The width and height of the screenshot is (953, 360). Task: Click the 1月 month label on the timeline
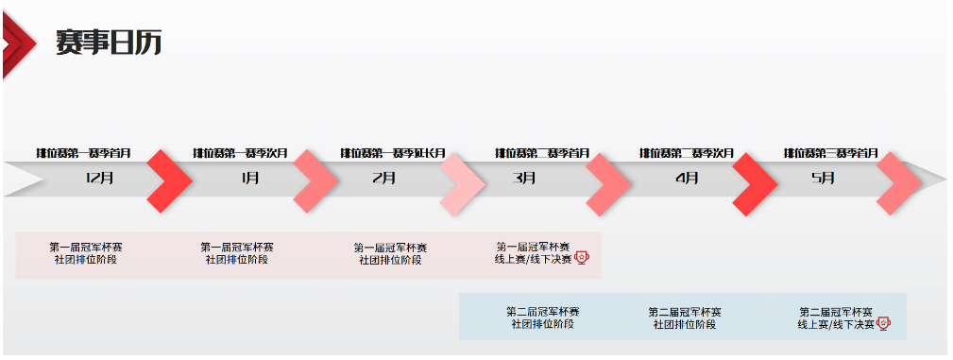[250, 178]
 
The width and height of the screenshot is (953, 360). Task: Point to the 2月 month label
[384, 178]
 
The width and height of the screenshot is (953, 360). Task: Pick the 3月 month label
[526, 178]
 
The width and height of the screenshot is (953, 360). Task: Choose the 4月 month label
[688, 178]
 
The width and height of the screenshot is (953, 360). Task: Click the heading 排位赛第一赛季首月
[84, 153]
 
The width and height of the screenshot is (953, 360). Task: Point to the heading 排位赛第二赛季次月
[687, 153]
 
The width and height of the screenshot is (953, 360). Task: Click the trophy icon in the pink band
[582, 258]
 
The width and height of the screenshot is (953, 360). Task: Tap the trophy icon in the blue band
[885, 323]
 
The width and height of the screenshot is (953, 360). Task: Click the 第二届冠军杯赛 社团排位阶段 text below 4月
[685, 317]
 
